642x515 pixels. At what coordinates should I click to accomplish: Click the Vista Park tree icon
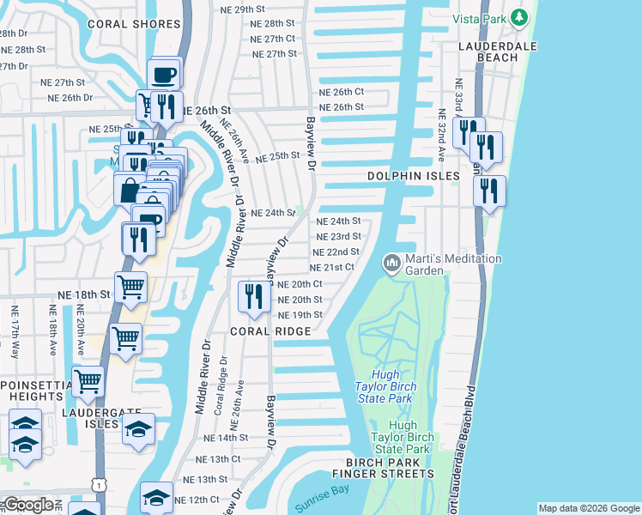[518, 17]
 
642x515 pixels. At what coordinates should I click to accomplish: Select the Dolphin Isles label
[414, 176]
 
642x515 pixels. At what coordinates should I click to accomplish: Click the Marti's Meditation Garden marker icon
[393, 261]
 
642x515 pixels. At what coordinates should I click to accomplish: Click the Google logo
[28, 505]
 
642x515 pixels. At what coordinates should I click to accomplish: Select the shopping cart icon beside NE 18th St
[130, 288]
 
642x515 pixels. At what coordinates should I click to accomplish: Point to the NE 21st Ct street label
[332, 268]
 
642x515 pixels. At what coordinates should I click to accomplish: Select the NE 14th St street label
[226, 438]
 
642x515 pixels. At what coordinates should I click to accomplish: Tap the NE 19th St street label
[300, 315]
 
